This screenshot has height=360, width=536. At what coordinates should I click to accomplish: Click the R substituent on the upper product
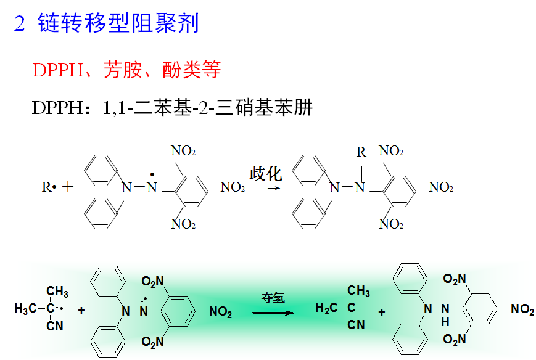click(361, 152)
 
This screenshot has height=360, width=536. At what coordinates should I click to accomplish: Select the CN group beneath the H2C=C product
click(357, 325)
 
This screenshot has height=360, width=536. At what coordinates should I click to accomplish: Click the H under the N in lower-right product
click(445, 321)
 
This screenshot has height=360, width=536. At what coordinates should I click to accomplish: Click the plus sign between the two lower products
click(382, 313)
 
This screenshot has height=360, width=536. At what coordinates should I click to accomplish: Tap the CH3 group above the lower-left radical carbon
click(57, 292)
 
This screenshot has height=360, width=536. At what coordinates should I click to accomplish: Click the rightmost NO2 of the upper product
click(440, 187)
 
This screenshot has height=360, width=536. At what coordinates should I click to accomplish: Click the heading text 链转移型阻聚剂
click(117, 24)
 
